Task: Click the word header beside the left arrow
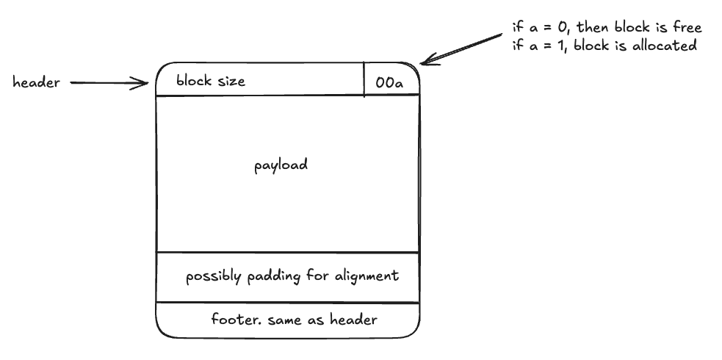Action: click(x=36, y=83)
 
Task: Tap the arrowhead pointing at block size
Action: click(x=145, y=83)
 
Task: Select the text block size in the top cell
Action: click(x=211, y=81)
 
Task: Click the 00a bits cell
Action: click(x=389, y=82)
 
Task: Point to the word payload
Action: click(x=281, y=165)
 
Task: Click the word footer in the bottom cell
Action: click(x=230, y=320)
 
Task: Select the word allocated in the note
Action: click(x=665, y=46)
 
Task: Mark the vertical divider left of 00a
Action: click(x=364, y=79)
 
